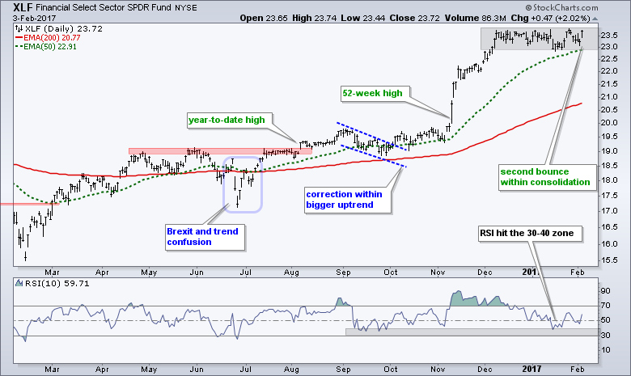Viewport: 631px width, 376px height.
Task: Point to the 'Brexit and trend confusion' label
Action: click(203, 236)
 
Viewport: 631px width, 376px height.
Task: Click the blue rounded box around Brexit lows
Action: click(240, 184)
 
